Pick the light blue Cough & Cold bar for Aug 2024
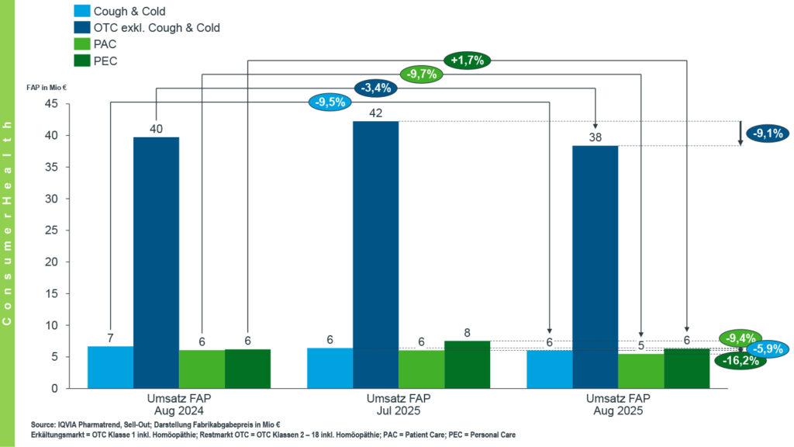click(110, 367)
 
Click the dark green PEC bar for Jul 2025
click(467, 364)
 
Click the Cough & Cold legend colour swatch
click(81, 12)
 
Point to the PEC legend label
click(105, 61)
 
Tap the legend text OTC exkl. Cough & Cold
click(157, 28)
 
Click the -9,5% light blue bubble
click(329, 102)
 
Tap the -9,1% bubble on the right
click(768, 133)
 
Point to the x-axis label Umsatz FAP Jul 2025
click(399, 404)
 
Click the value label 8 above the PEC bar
click(467, 334)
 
